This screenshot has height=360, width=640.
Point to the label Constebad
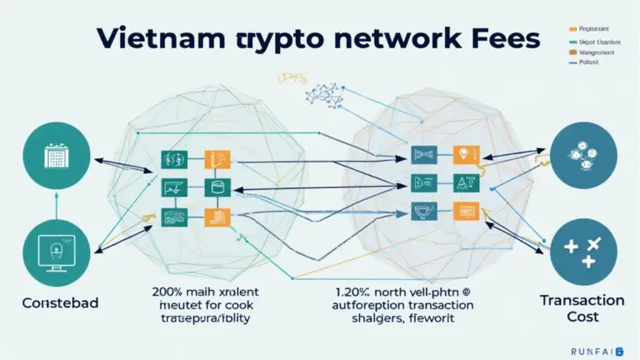[61, 302]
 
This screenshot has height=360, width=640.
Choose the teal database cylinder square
[215, 187]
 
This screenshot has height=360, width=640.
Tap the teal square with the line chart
[172, 187]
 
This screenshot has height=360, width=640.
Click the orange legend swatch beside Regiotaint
[574, 27]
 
